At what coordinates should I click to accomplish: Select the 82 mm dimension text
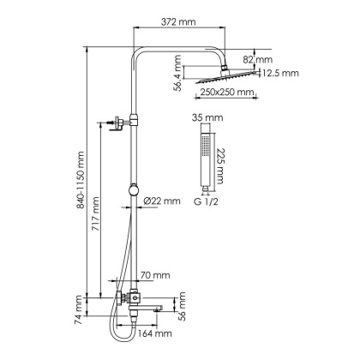(256, 59)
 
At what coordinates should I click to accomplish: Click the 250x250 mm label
(227, 92)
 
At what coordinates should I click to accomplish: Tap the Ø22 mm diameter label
(162, 200)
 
